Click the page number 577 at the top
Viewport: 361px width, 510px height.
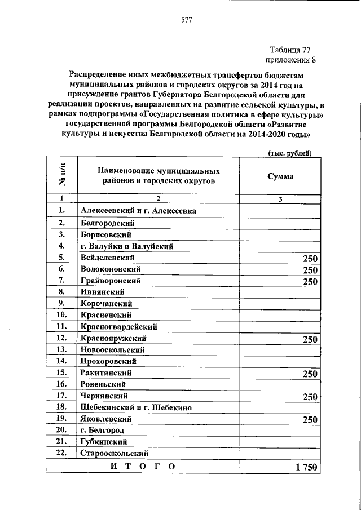(187, 21)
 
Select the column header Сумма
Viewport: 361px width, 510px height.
(280, 176)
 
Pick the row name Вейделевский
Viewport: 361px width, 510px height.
(107, 258)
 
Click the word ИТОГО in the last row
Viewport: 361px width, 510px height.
(143, 466)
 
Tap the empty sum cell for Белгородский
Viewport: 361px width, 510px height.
(280, 223)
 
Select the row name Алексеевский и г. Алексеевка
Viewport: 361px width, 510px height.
(138, 211)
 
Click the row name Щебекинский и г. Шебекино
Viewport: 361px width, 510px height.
(137, 407)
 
